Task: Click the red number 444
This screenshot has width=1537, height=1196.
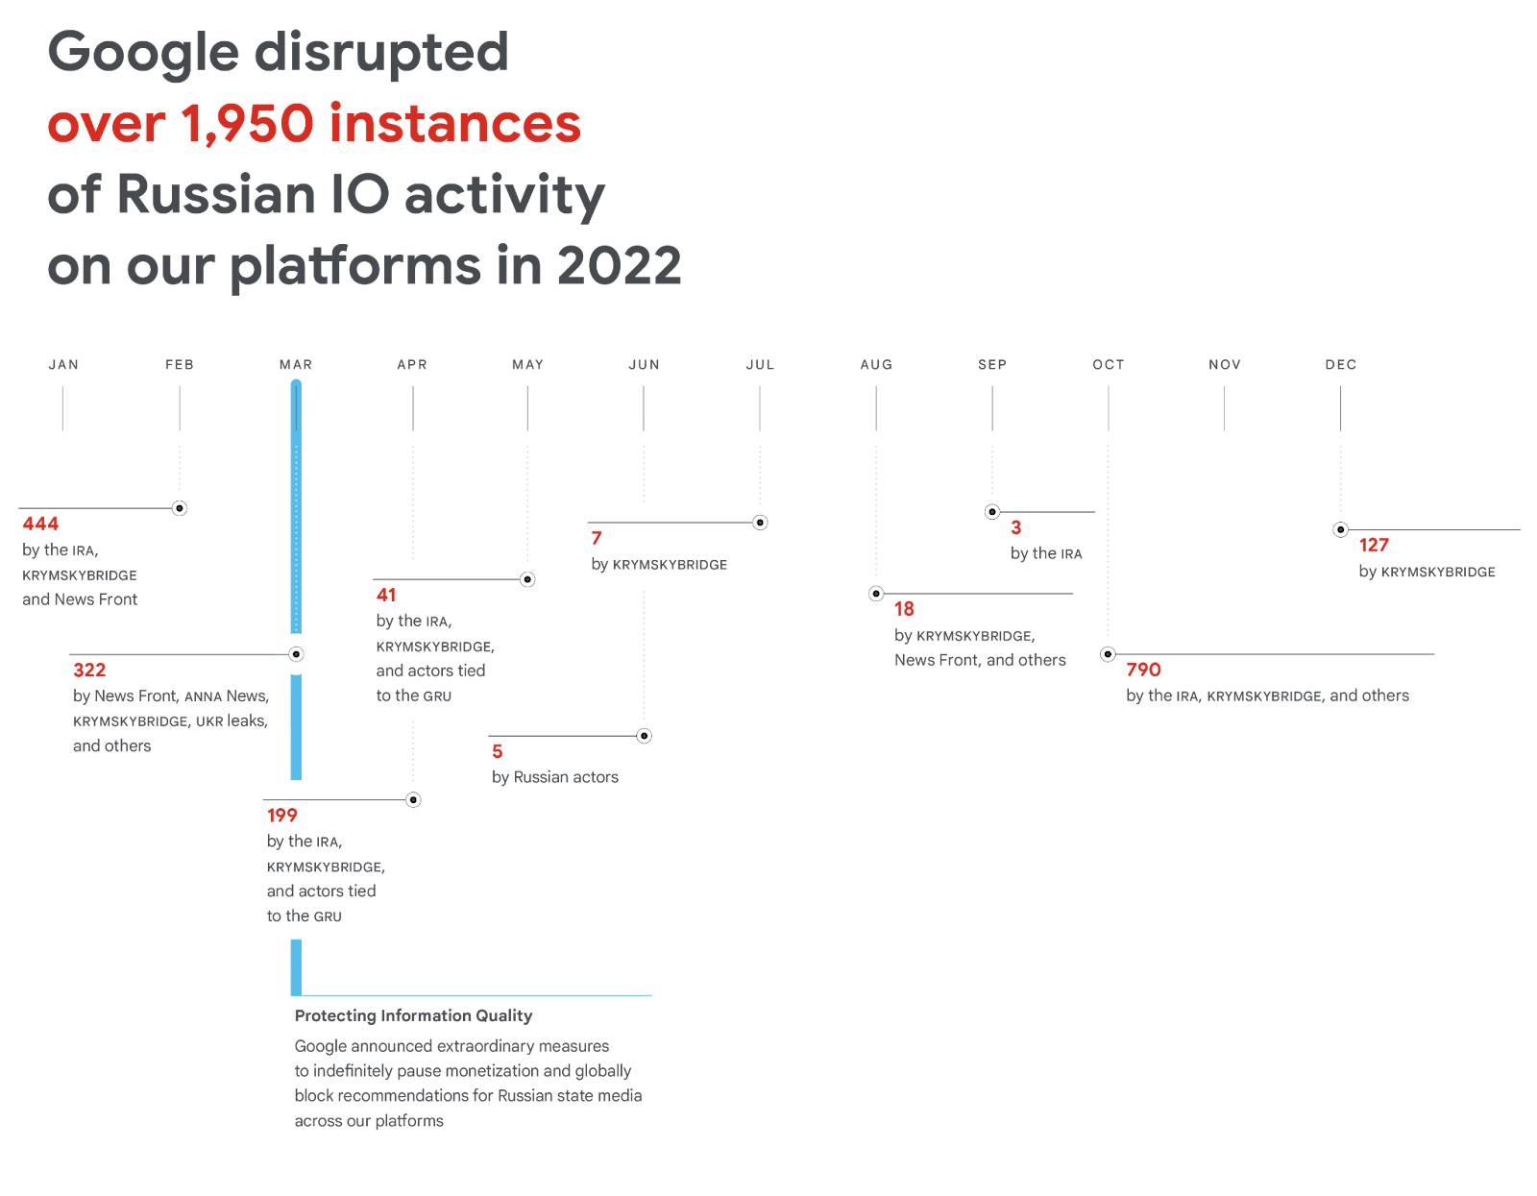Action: [x=40, y=524]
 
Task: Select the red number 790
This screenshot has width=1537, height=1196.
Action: [x=1143, y=670]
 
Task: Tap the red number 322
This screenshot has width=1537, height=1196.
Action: [x=89, y=671]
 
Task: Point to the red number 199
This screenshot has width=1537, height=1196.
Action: [x=282, y=816]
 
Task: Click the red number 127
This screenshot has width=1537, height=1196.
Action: [x=1374, y=546]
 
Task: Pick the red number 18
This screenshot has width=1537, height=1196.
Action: [x=904, y=609]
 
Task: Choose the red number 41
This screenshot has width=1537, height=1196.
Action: [x=386, y=595]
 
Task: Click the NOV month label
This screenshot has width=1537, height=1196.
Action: [x=1225, y=365]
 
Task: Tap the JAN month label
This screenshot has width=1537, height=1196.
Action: [x=63, y=365]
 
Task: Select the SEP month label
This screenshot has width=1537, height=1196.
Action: [x=992, y=365]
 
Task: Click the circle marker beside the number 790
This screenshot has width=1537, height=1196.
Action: [x=1108, y=654]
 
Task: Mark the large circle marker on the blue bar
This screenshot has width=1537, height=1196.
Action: [x=296, y=654]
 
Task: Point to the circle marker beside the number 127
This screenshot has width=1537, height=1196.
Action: [x=1340, y=529]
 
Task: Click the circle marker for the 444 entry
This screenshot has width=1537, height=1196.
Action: [x=180, y=508]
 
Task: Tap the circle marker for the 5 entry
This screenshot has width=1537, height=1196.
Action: [x=645, y=736]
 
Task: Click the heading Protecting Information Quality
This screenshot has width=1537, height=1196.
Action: [x=413, y=1015]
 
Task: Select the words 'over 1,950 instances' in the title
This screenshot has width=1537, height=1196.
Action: [x=314, y=124]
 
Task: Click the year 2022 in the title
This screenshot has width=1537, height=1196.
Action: [x=619, y=266]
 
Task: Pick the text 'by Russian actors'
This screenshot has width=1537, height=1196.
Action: [x=554, y=777]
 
